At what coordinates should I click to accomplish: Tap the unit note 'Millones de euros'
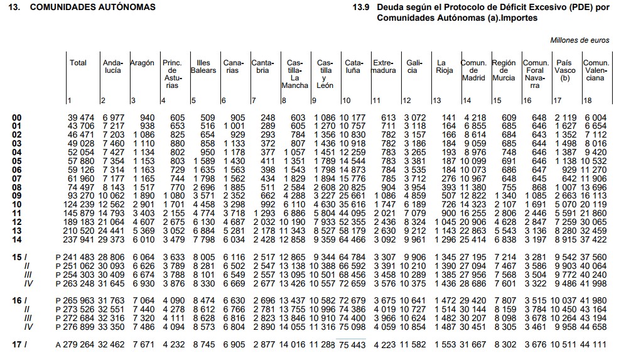click(x=580, y=40)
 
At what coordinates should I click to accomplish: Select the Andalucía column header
click(x=112, y=67)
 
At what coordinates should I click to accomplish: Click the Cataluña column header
click(x=353, y=67)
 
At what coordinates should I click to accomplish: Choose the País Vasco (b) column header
click(x=564, y=70)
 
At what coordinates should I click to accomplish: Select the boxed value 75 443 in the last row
click(x=352, y=345)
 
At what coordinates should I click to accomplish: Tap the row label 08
click(x=17, y=187)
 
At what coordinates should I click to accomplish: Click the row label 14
click(x=17, y=239)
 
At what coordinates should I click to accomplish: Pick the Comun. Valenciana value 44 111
click(x=596, y=345)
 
